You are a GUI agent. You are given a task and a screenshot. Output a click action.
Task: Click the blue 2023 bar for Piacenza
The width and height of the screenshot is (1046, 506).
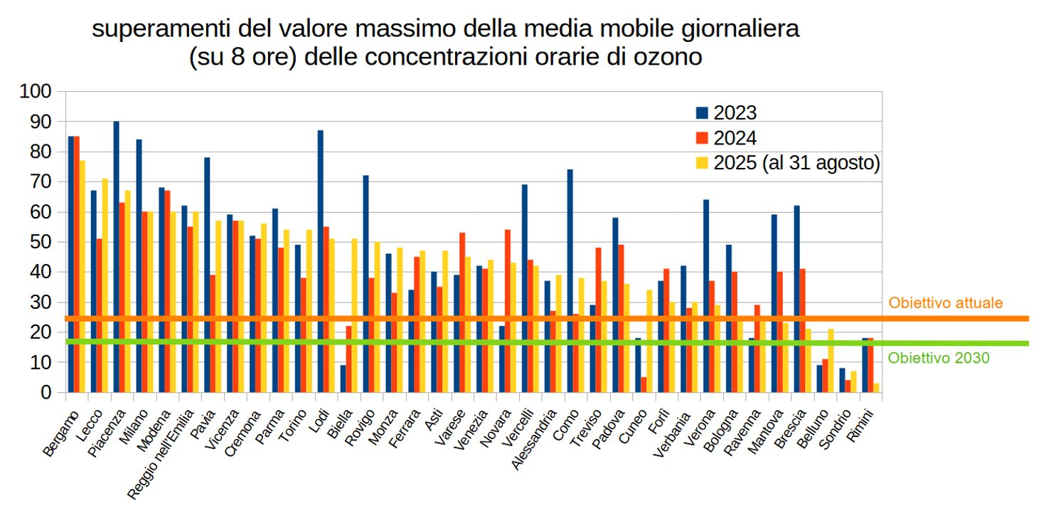tap(116, 256)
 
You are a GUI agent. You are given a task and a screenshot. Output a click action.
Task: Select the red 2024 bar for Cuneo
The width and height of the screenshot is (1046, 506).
tap(644, 384)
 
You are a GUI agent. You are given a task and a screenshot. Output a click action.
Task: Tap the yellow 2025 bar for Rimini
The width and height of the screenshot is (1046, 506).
tap(877, 388)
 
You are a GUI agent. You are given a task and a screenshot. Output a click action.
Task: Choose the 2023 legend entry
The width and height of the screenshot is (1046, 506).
tap(726, 112)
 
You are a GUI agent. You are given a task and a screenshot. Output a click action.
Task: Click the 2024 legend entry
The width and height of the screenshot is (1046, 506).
tap(726, 138)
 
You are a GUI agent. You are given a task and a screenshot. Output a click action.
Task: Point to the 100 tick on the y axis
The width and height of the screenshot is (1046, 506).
tap(36, 91)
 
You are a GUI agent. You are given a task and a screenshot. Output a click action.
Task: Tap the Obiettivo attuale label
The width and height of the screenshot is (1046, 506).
tap(946, 302)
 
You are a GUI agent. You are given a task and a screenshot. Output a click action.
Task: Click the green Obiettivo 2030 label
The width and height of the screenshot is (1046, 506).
tap(939, 358)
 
